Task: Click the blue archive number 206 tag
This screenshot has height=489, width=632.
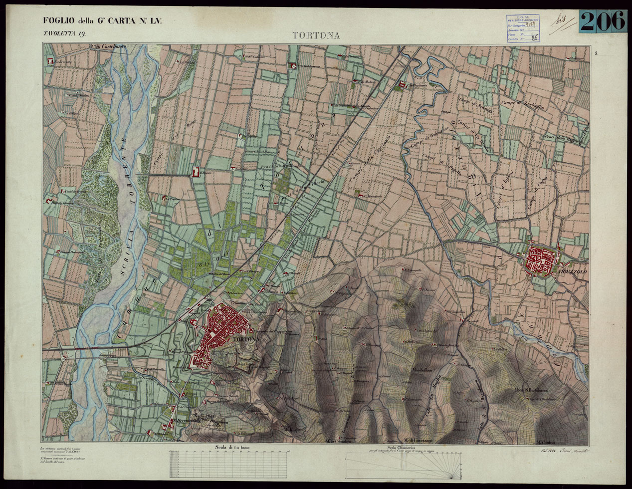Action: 603,21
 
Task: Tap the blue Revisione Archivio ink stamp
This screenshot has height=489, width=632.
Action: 520,28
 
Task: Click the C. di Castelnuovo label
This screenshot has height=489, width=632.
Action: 109,47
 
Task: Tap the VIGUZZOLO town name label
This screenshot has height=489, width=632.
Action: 573,272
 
